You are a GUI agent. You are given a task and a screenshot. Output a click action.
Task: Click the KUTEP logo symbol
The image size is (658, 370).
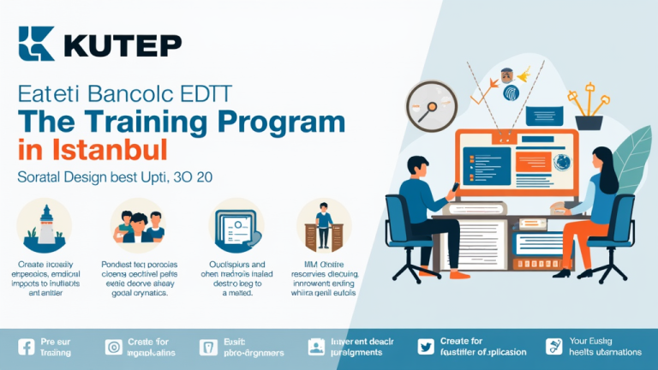(x=36, y=44)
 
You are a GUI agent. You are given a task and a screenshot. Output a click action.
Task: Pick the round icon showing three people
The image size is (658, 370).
(x=138, y=225)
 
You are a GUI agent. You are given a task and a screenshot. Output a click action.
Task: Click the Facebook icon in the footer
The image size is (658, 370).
(x=25, y=347)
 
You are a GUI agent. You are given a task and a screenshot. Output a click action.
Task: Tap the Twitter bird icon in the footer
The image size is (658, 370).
(x=426, y=347)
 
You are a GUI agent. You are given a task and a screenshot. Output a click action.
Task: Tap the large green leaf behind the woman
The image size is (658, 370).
(x=634, y=154)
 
